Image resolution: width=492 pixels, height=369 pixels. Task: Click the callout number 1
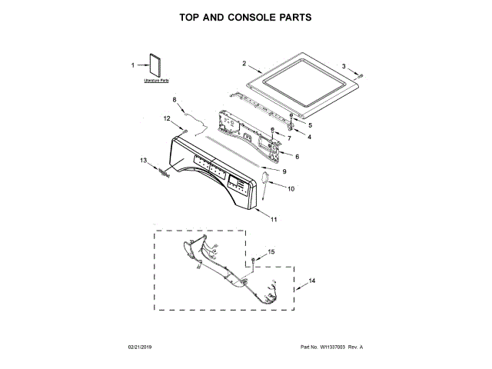[x=132, y=65]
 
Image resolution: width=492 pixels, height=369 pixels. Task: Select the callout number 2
[x=244, y=63]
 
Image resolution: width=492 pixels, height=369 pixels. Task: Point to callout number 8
[x=175, y=100]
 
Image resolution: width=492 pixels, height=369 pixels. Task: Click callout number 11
[x=273, y=220]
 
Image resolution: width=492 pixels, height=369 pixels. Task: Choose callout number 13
[x=142, y=160]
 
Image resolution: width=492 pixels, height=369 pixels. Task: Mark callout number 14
[x=312, y=283]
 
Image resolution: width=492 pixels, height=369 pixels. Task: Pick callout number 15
[x=271, y=251]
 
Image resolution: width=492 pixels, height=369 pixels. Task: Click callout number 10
[x=291, y=188]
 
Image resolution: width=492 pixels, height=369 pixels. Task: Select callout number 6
[x=298, y=157]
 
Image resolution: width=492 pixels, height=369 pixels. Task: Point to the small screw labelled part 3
[x=361, y=75]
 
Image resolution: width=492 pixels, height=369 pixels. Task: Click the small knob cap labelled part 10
[x=266, y=182]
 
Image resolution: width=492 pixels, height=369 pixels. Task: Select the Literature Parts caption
[x=156, y=80]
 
